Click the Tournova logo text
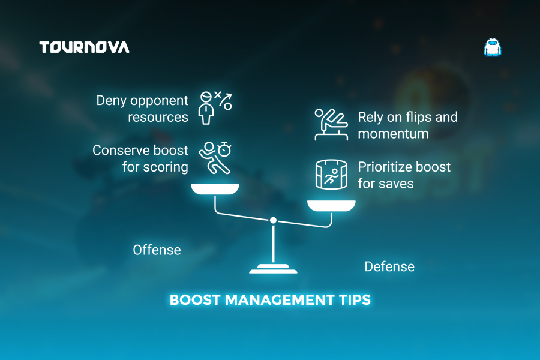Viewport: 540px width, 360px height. (x=85, y=47)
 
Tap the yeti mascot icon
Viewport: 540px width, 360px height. (x=493, y=47)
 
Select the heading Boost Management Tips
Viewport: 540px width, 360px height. (x=271, y=300)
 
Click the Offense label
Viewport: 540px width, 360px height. (x=157, y=250)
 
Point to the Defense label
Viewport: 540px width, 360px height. (x=389, y=266)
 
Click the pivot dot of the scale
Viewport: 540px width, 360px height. (x=273, y=220)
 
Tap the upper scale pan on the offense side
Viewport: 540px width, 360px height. (x=215, y=189)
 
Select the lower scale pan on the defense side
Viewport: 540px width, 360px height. (x=331, y=206)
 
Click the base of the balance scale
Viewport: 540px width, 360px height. (x=273, y=269)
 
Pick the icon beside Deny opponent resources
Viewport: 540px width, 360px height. (x=215, y=108)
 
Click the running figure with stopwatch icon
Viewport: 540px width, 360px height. (x=215, y=157)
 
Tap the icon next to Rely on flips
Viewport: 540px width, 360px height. (x=331, y=124)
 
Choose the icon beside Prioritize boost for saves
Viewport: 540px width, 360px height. (x=331, y=175)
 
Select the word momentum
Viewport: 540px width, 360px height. (x=393, y=134)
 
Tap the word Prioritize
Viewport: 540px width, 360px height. (x=383, y=167)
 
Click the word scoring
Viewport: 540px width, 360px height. (x=166, y=167)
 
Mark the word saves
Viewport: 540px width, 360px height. (x=396, y=184)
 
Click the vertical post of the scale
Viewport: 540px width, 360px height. (x=273, y=244)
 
